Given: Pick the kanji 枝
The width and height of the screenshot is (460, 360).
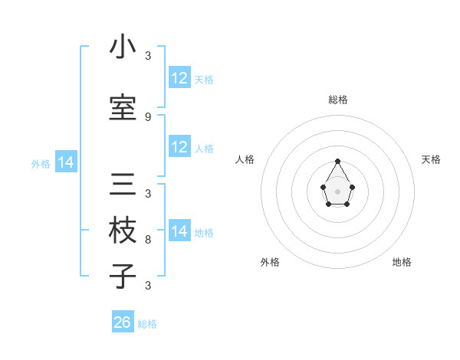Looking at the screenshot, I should [x=123, y=231].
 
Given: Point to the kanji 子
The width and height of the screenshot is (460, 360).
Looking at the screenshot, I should [x=123, y=276].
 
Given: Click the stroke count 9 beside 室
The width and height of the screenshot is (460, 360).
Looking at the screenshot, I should [x=147, y=117].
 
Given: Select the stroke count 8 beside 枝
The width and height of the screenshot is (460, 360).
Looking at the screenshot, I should [x=147, y=240].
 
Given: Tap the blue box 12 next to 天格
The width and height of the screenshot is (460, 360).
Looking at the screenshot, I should [x=179, y=78].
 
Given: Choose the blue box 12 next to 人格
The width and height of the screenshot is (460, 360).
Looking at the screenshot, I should [x=179, y=147].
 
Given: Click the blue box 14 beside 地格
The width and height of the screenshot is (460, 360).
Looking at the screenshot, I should [x=179, y=231].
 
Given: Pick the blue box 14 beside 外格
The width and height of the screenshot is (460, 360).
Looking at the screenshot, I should [x=66, y=162].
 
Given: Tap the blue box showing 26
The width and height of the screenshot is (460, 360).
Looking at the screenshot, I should [x=123, y=322].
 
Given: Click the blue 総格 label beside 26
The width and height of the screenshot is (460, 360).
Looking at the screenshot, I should [x=147, y=324].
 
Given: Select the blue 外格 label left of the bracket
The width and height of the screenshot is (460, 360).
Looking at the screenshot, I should [x=41, y=163].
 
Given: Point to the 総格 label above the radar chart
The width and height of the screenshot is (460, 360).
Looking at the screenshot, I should [x=338, y=100].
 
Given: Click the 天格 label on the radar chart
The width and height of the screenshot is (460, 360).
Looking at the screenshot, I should [x=431, y=159].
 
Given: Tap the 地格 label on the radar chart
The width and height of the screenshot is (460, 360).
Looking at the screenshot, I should [x=402, y=262].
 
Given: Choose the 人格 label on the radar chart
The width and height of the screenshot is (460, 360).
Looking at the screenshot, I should [x=245, y=159].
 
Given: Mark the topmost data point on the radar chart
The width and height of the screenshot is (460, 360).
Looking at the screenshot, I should [x=338, y=161].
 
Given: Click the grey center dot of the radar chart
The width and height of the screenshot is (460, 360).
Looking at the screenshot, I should [x=338, y=191].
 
